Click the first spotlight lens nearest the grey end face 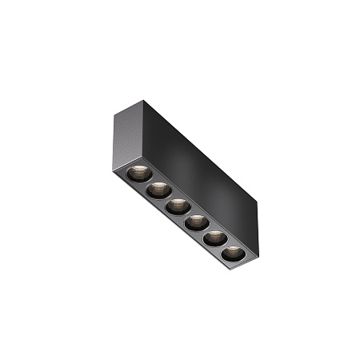tap(138, 172)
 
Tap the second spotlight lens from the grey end tap(158, 190)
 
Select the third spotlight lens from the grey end tap(177, 206)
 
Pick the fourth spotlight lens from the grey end tap(195, 222)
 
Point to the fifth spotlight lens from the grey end tap(214, 238)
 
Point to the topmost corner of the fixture tap(145, 100)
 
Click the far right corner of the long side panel tap(260, 202)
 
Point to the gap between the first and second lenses tap(148, 181)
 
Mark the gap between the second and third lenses tap(167, 198)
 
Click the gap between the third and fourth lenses tap(186, 214)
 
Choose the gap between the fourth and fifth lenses tap(205, 230)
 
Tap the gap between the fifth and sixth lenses tap(224, 246)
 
